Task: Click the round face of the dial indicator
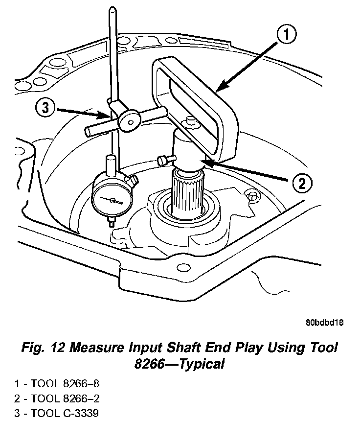click(112, 200)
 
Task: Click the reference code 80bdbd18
click(324, 323)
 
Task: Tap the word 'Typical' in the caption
click(201, 364)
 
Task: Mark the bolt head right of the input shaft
click(253, 196)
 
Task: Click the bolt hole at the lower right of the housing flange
click(184, 268)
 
